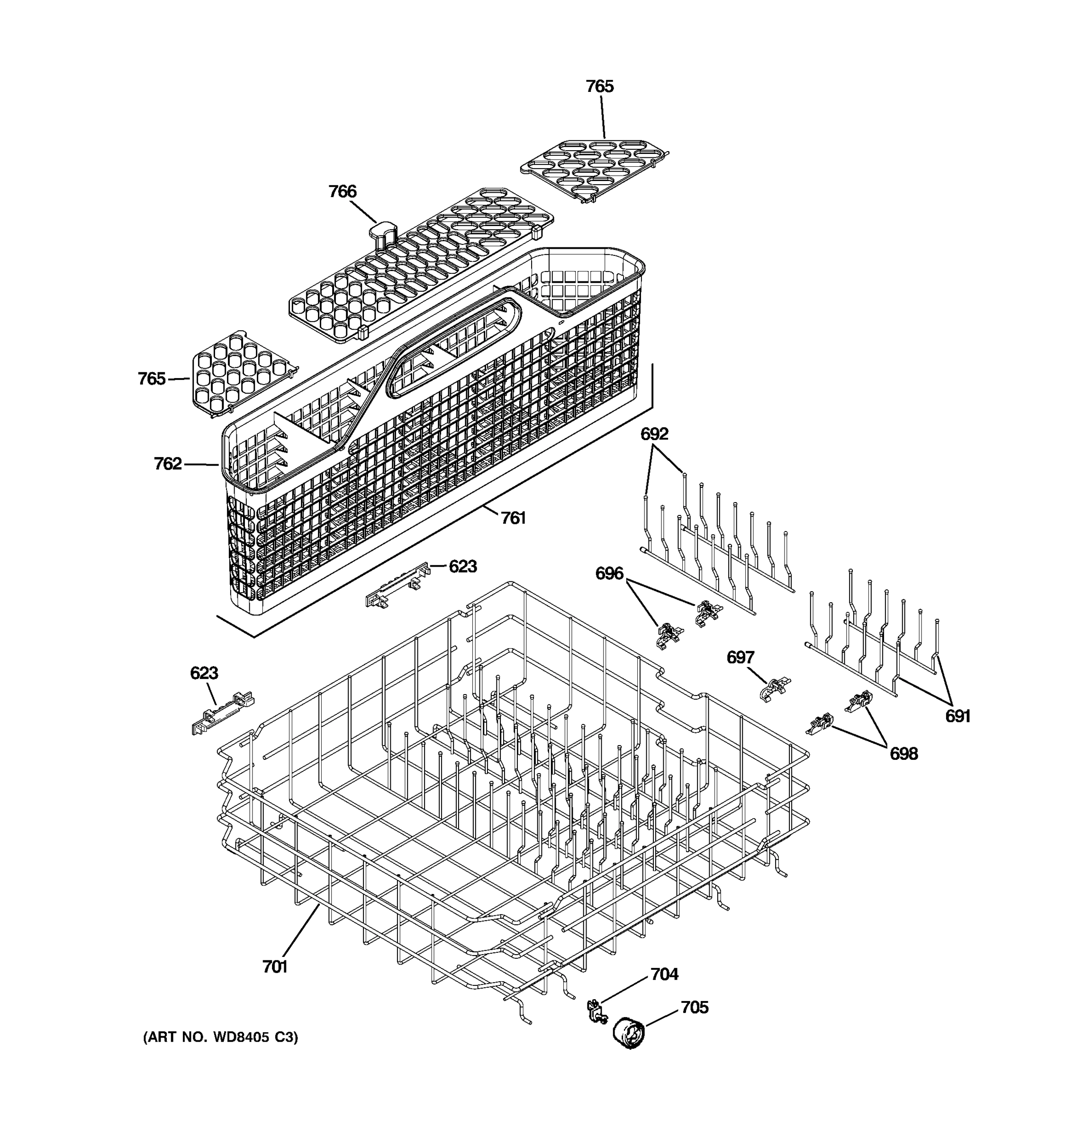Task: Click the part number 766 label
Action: coord(342,191)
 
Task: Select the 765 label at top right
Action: coord(599,86)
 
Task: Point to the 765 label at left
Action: coord(152,379)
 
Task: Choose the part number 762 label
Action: coord(168,463)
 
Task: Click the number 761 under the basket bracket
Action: coord(513,518)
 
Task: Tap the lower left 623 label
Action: coord(204,673)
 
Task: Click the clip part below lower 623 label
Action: coord(222,713)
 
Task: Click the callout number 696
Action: coord(609,573)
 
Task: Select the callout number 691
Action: coord(958,716)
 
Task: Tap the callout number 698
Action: coord(903,754)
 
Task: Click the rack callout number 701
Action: coord(274,967)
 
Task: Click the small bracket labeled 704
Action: coord(596,1012)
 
